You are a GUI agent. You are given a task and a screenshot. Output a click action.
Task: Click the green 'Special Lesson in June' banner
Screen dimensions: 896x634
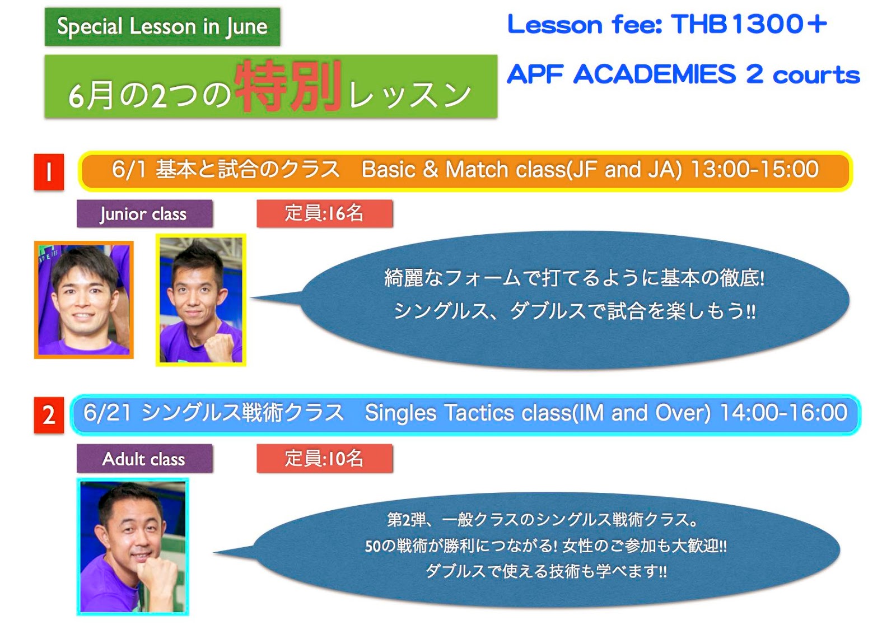[x=162, y=26]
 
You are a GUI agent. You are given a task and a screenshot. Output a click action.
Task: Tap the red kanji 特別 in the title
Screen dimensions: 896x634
[x=288, y=86]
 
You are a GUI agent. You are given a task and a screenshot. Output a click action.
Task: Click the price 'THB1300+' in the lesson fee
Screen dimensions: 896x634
[x=749, y=24]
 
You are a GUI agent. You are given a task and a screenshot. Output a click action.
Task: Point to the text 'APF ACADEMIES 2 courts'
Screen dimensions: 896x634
[x=683, y=74]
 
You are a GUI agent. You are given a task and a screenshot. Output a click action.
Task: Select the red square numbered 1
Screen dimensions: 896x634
[x=49, y=172]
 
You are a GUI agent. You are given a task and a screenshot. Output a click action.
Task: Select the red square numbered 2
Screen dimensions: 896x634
[x=49, y=415]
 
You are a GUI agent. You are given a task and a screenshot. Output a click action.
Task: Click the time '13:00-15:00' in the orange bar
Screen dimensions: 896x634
[x=755, y=169]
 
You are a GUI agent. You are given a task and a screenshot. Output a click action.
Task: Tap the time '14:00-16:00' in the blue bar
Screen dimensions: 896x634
[x=783, y=412]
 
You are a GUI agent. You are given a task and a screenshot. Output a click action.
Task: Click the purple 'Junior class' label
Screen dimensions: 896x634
[x=144, y=213]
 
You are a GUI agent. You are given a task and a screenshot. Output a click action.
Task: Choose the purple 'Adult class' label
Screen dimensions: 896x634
[x=144, y=458]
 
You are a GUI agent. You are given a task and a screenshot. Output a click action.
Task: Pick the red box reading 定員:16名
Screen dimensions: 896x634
[x=324, y=213]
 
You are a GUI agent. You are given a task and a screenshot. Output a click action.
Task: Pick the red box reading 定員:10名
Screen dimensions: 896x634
[x=324, y=458]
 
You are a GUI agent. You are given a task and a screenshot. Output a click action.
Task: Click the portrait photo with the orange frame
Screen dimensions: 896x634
[x=84, y=300]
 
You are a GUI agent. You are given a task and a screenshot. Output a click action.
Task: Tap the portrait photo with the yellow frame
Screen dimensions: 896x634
[x=201, y=300]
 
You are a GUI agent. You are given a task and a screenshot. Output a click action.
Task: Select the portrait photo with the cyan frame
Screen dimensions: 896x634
[x=133, y=547]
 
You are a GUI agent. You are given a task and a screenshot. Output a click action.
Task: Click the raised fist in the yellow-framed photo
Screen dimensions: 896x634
[x=218, y=346]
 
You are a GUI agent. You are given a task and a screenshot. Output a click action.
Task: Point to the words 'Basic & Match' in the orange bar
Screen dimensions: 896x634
[x=435, y=169]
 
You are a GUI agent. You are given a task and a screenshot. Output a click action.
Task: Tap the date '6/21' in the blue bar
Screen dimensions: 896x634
[x=107, y=413]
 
